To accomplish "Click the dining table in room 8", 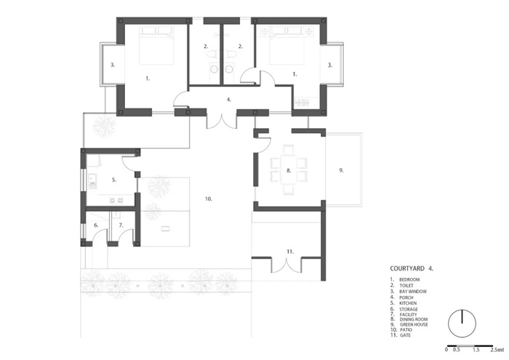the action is [289, 169].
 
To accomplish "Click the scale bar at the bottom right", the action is [470, 346].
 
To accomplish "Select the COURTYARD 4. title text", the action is [412, 268].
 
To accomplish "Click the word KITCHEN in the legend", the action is [408, 303].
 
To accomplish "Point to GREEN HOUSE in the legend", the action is [414, 324].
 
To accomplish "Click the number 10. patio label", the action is [209, 199].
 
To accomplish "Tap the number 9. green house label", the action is [341, 170].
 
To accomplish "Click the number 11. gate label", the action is [290, 251].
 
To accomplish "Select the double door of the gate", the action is [286, 265].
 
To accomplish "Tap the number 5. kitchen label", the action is [114, 180].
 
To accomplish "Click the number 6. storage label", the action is [96, 225].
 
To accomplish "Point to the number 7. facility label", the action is [121, 225].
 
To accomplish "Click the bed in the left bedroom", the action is [156, 45].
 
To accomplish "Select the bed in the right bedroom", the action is [287, 45].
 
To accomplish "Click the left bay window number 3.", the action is [113, 65].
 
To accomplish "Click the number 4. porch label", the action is [229, 100].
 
